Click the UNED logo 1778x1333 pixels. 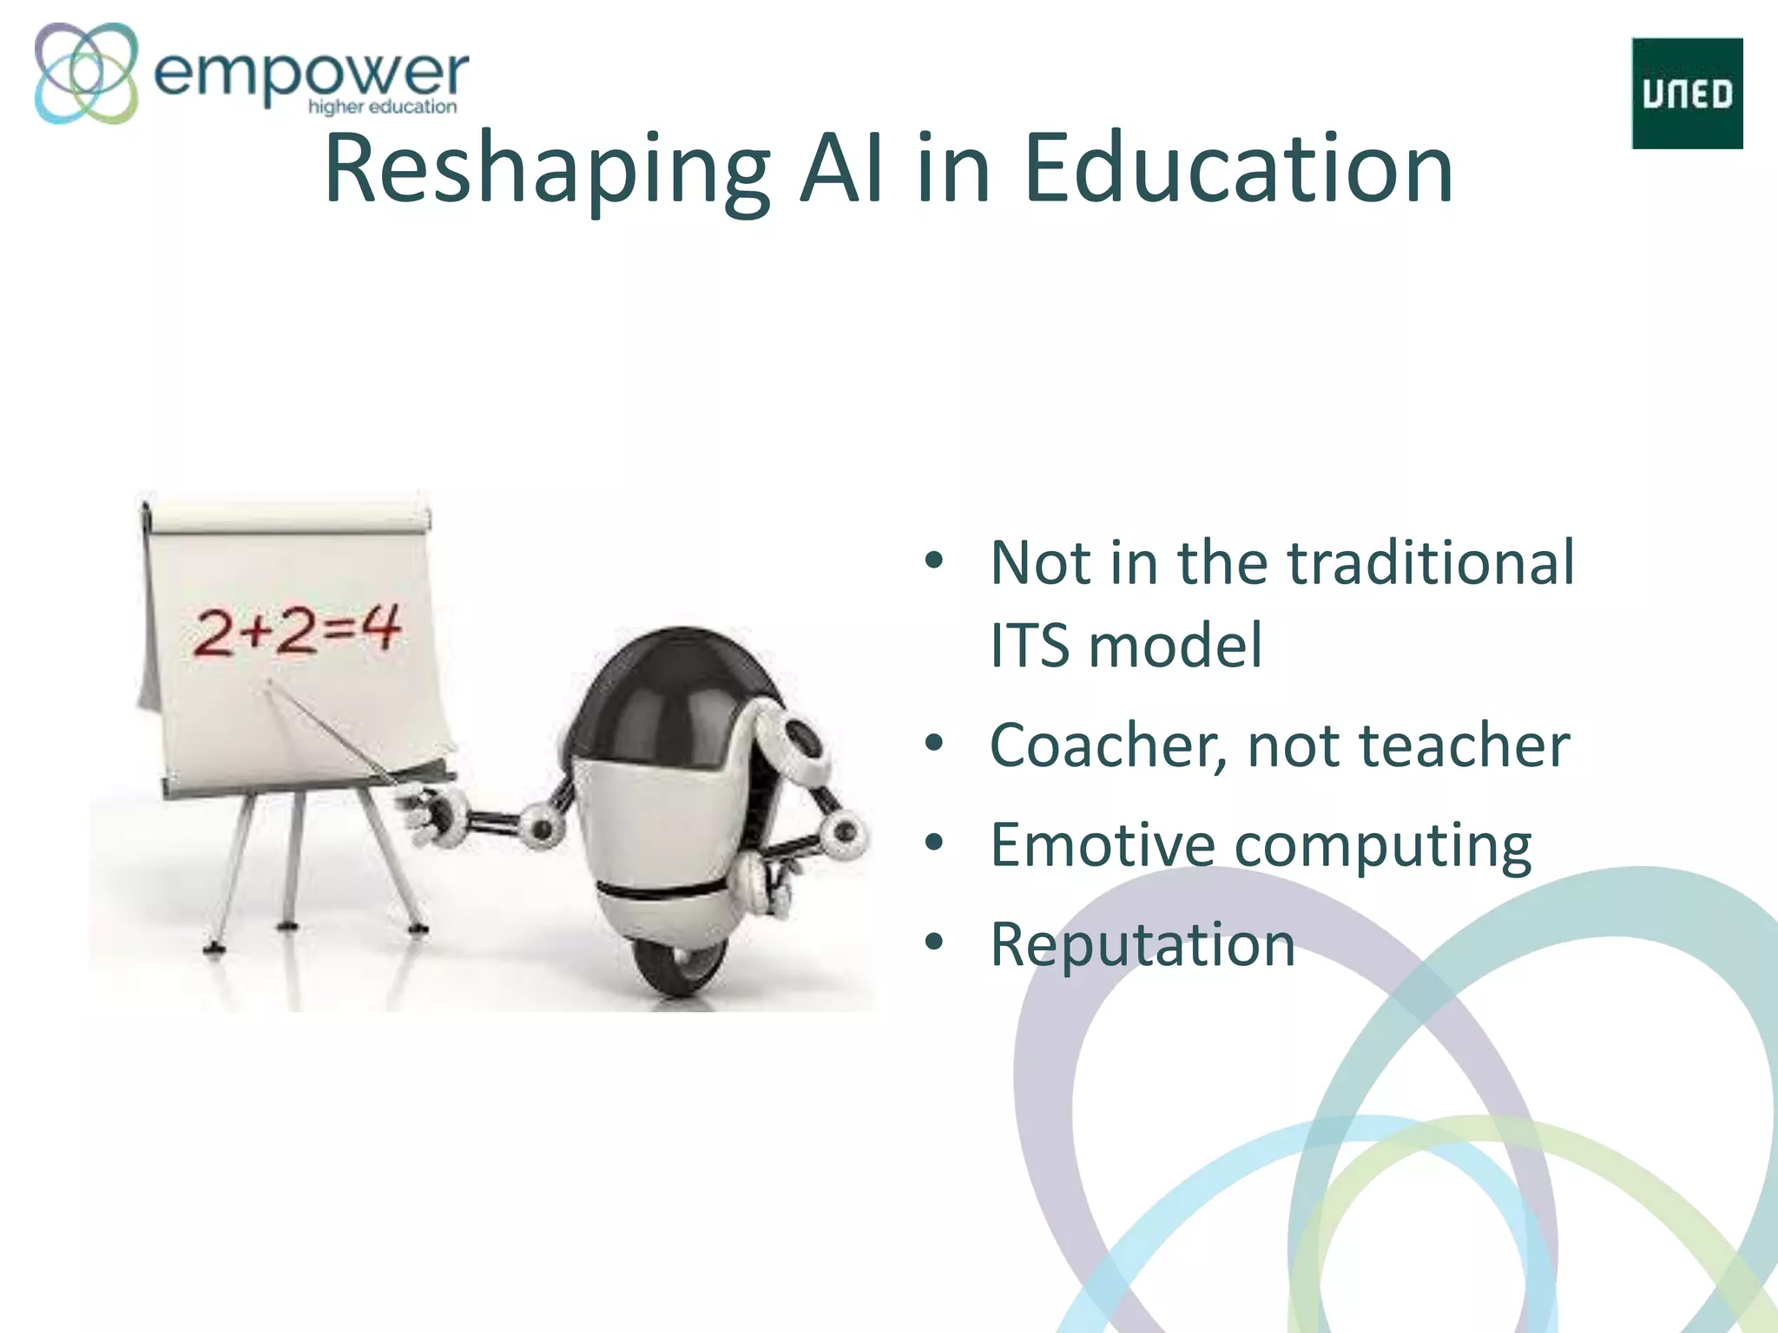1687,93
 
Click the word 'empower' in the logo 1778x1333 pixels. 310,73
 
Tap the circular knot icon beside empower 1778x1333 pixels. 86,73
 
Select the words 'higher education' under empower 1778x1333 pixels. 382,107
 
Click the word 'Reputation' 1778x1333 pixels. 1143,945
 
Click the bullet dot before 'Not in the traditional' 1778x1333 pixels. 934,561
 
